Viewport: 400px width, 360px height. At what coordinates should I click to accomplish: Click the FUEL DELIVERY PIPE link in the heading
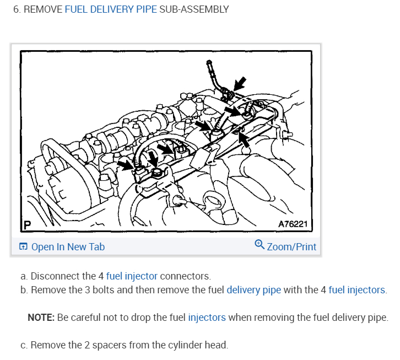pyautogui.click(x=111, y=10)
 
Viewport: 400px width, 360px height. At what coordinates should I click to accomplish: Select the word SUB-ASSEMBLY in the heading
pyautogui.click(x=193, y=10)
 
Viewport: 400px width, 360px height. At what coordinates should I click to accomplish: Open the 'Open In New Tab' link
pyautogui.click(x=68, y=246)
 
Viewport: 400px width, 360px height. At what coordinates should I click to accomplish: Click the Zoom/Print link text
pyautogui.click(x=291, y=246)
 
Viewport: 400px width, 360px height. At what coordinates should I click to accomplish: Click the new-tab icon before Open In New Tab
pyautogui.click(x=23, y=246)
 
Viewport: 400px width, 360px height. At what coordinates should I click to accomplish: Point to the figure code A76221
pyautogui.click(x=295, y=224)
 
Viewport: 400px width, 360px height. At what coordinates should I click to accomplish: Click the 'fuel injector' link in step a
pyautogui.click(x=132, y=276)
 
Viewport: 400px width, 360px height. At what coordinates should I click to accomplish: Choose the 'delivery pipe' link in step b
pyautogui.click(x=253, y=289)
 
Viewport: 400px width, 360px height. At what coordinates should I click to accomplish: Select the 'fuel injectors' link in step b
pyautogui.click(x=356, y=289)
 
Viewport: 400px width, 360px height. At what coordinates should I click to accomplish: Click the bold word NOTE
pyautogui.click(x=40, y=318)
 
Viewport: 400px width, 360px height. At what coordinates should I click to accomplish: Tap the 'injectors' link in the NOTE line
pyautogui.click(x=207, y=318)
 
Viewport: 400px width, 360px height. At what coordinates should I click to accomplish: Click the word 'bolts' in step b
pyautogui.click(x=91, y=289)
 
